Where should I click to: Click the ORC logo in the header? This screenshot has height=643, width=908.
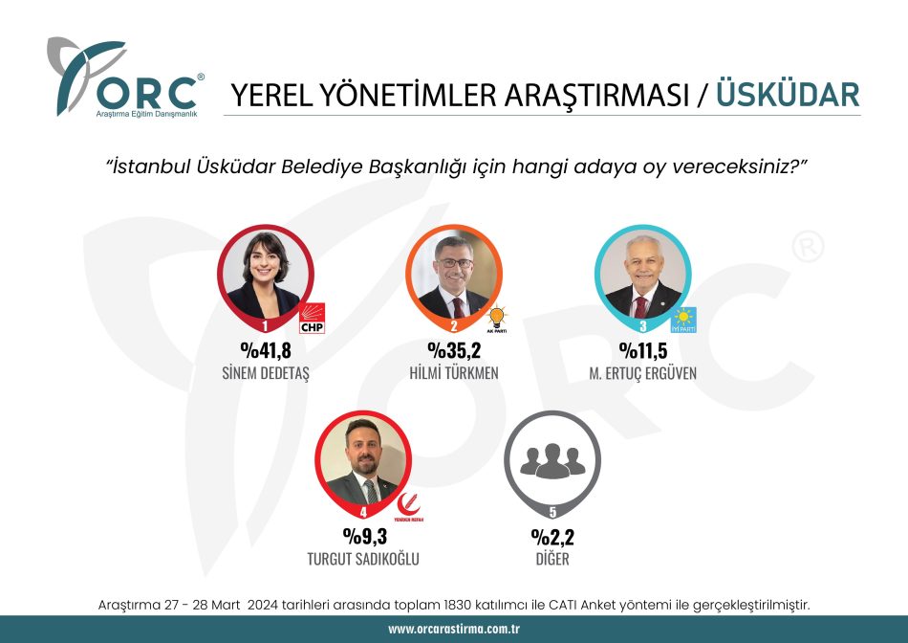tap(125, 78)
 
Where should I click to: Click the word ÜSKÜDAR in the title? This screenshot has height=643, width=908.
tap(789, 95)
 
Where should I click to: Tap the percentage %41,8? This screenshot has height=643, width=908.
tap(266, 350)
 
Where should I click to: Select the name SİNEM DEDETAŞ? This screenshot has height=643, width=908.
tap(266, 373)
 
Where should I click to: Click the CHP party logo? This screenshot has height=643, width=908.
tap(313, 319)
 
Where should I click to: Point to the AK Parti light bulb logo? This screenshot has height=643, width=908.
tap(497, 320)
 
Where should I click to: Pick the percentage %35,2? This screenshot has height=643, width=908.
tap(455, 350)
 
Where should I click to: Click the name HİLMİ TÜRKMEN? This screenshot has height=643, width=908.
tap(454, 373)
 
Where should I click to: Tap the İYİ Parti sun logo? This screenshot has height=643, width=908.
tap(683, 320)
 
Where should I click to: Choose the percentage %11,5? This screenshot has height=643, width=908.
tap(643, 350)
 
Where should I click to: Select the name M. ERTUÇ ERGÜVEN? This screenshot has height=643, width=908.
tap(643, 374)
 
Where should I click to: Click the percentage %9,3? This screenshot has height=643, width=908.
tap(365, 537)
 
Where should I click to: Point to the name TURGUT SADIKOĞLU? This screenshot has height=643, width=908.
tap(363, 559)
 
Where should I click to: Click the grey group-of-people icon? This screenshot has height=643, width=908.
tap(552, 460)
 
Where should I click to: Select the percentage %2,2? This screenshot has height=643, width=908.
tap(553, 537)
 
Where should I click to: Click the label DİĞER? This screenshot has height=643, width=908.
tap(552, 559)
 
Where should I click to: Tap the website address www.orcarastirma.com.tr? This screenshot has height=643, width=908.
tap(454, 629)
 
